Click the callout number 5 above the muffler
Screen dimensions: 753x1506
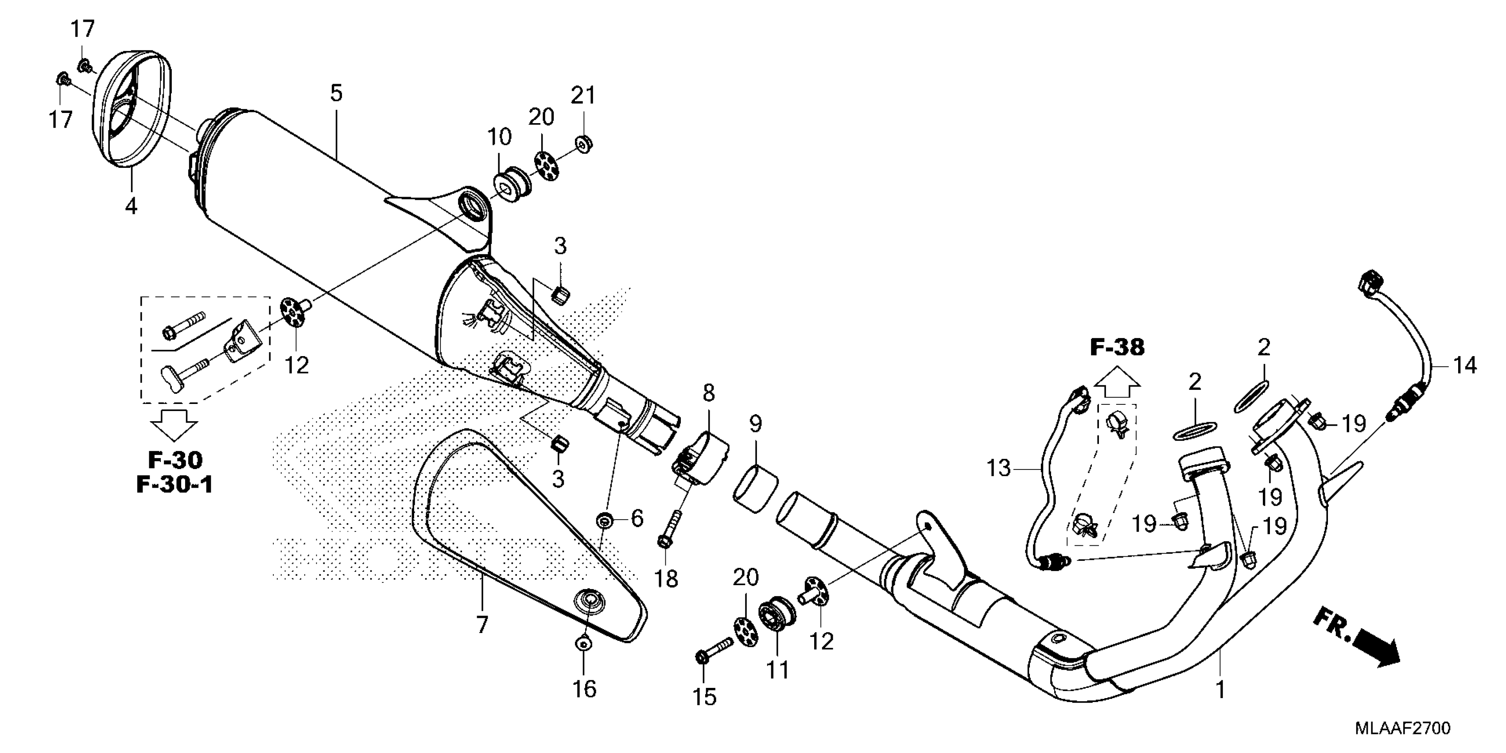[x=336, y=93]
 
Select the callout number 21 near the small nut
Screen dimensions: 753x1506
[x=583, y=95]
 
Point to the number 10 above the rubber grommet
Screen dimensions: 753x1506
[x=499, y=137]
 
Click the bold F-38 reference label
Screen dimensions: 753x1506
[x=1117, y=347]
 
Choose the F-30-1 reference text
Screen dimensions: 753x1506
[x=174, y=485]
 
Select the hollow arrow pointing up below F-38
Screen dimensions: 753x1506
[x=1117, y=384]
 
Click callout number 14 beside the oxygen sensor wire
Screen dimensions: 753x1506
[x=1464, y=366]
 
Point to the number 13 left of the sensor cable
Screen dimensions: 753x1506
[x=998, y=468]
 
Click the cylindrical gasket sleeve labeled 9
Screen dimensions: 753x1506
[x=755, y=489]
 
